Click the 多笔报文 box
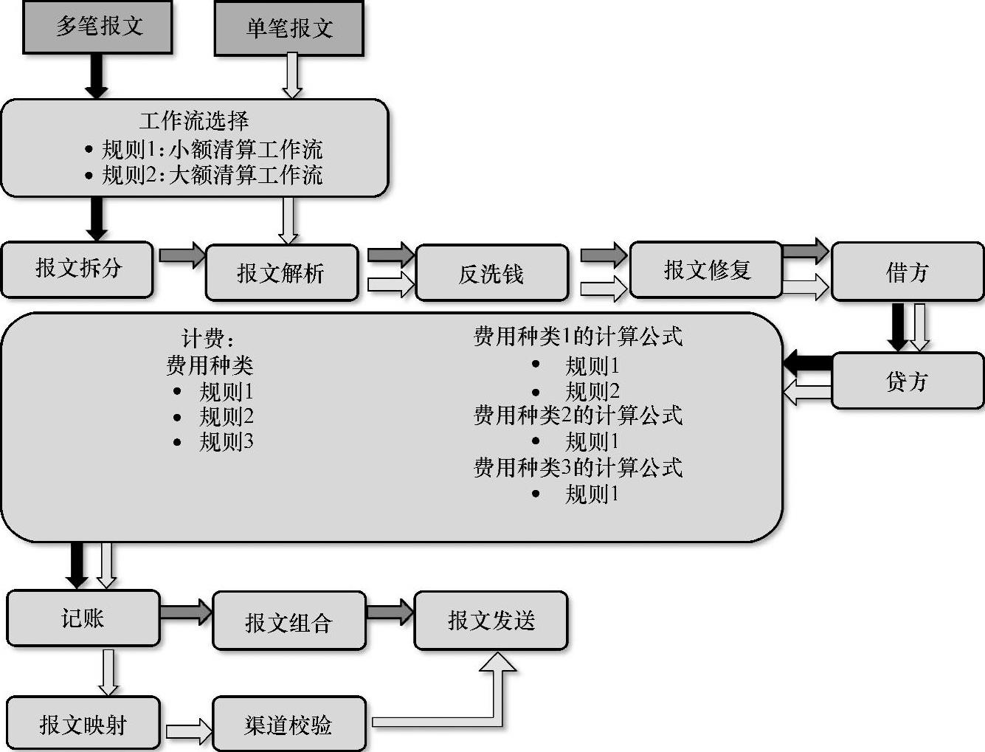[x=97, y=27]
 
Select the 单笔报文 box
[x=288, y=28]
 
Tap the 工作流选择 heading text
[x=194, y=120]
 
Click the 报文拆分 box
[x=77, y=269]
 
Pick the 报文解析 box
[x=281, y=273]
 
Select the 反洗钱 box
[x=491, y=274]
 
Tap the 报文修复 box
[x=706, y=270]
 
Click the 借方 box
[x=907, y=272]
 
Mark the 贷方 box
[x=907, y=381]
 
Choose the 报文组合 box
[x=288, y=621]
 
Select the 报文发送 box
[x=491, y=621]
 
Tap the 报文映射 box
[x=83, y=724]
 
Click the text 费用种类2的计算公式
[x=578, y=415]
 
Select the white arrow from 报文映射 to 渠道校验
[x=187, y=731]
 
